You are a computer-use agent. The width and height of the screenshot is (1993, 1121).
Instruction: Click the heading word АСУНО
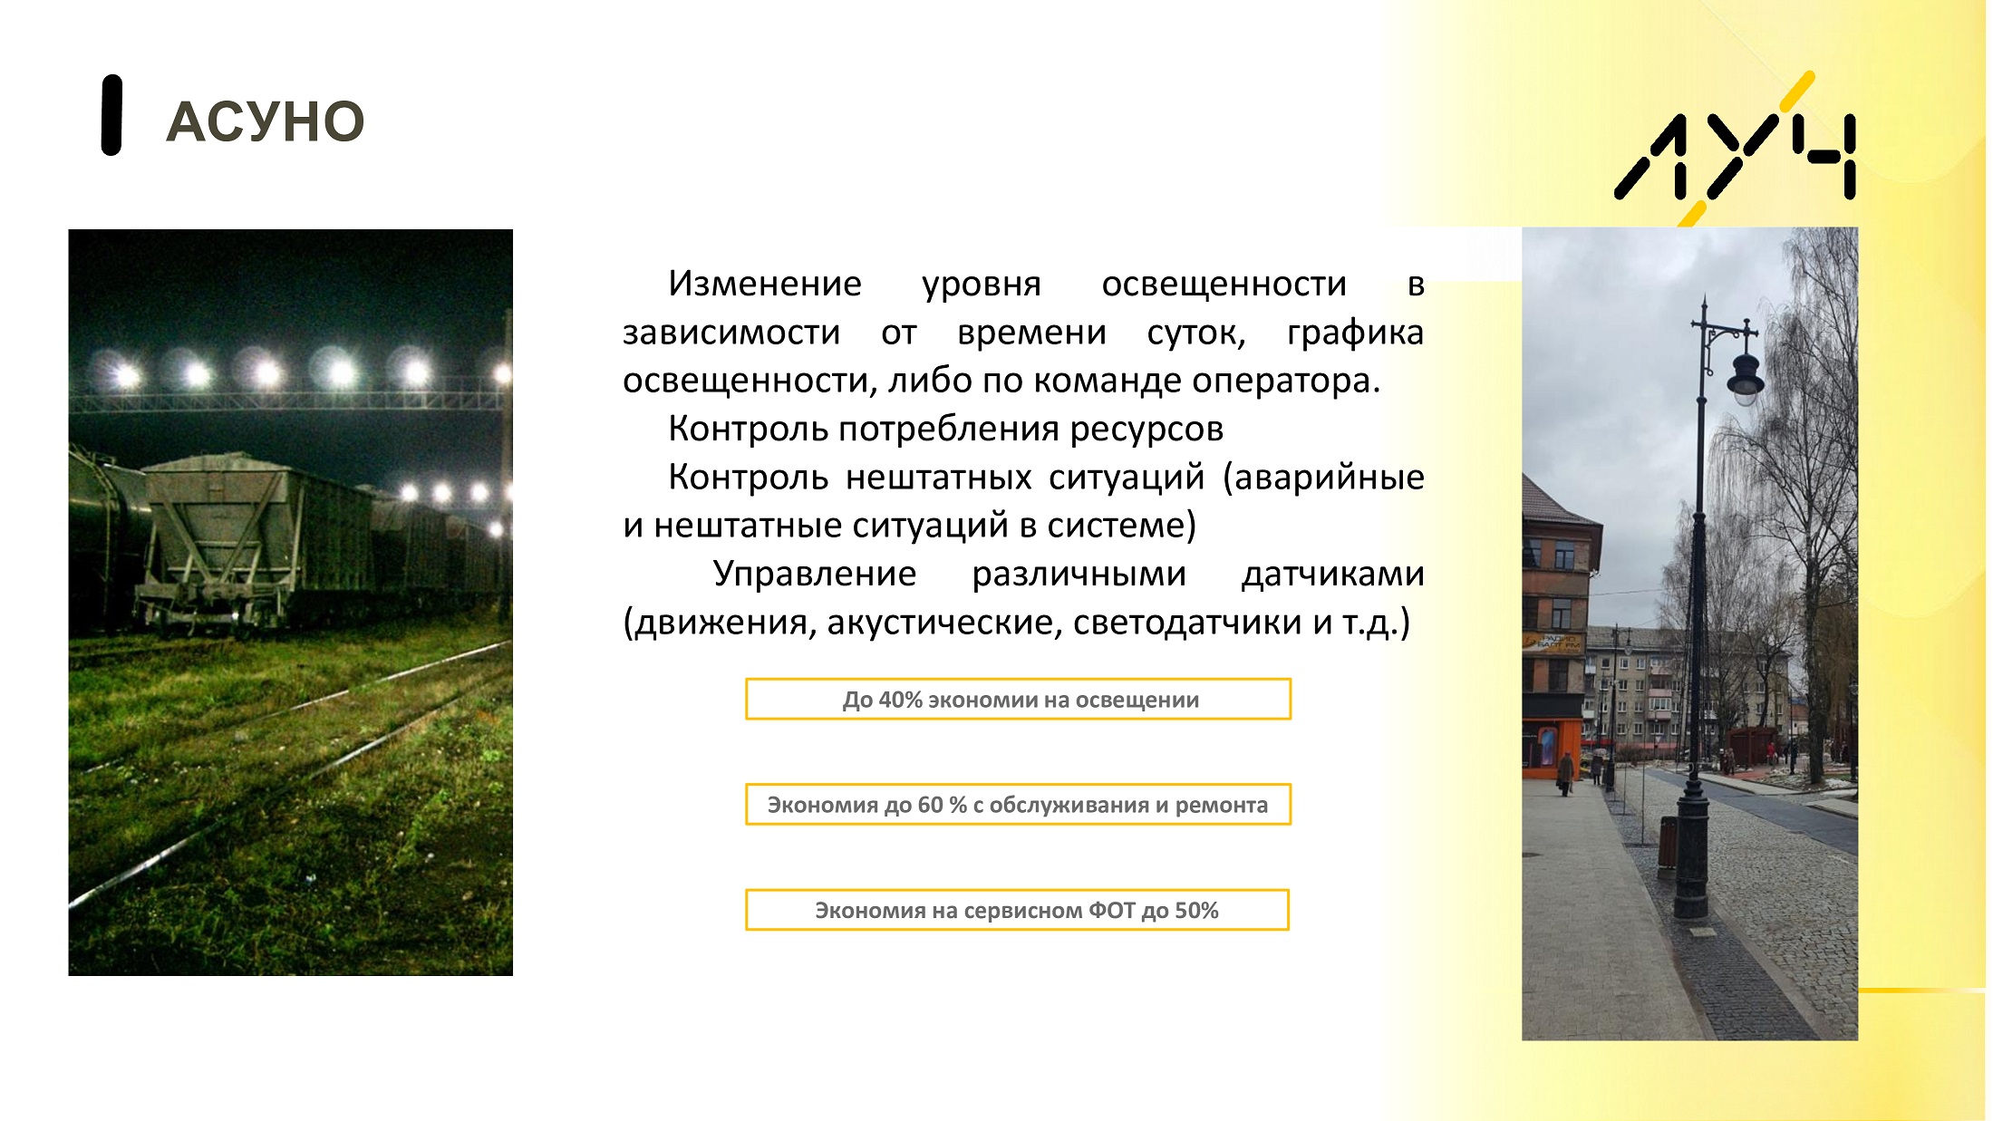(265, 122)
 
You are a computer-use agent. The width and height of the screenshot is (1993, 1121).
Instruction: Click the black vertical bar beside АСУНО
(111, 115)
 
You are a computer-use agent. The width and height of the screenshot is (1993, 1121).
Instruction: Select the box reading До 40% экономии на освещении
(1018, 700)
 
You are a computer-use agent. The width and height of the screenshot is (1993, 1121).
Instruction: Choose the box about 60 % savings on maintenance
(1018, 805)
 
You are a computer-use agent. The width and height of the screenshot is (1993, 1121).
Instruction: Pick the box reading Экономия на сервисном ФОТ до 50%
(1017, 910)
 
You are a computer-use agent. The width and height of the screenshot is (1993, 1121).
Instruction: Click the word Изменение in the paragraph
(765, 284)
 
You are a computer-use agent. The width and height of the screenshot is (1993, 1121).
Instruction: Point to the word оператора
(1286, 382)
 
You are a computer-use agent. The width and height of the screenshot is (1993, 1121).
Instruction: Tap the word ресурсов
(1146, 430)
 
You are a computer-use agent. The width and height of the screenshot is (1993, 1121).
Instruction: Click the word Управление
(815, 574)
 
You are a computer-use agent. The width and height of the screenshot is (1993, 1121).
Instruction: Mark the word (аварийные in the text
(1323, 478)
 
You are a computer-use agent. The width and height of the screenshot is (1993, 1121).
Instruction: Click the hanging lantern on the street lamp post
(1745, 378)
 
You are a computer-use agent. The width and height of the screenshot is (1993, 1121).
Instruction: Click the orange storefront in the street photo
(1552, 748)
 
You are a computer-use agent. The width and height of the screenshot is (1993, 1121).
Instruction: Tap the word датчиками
(1332, 575)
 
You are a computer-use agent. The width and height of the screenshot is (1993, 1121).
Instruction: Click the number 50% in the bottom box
(1196, 910)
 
